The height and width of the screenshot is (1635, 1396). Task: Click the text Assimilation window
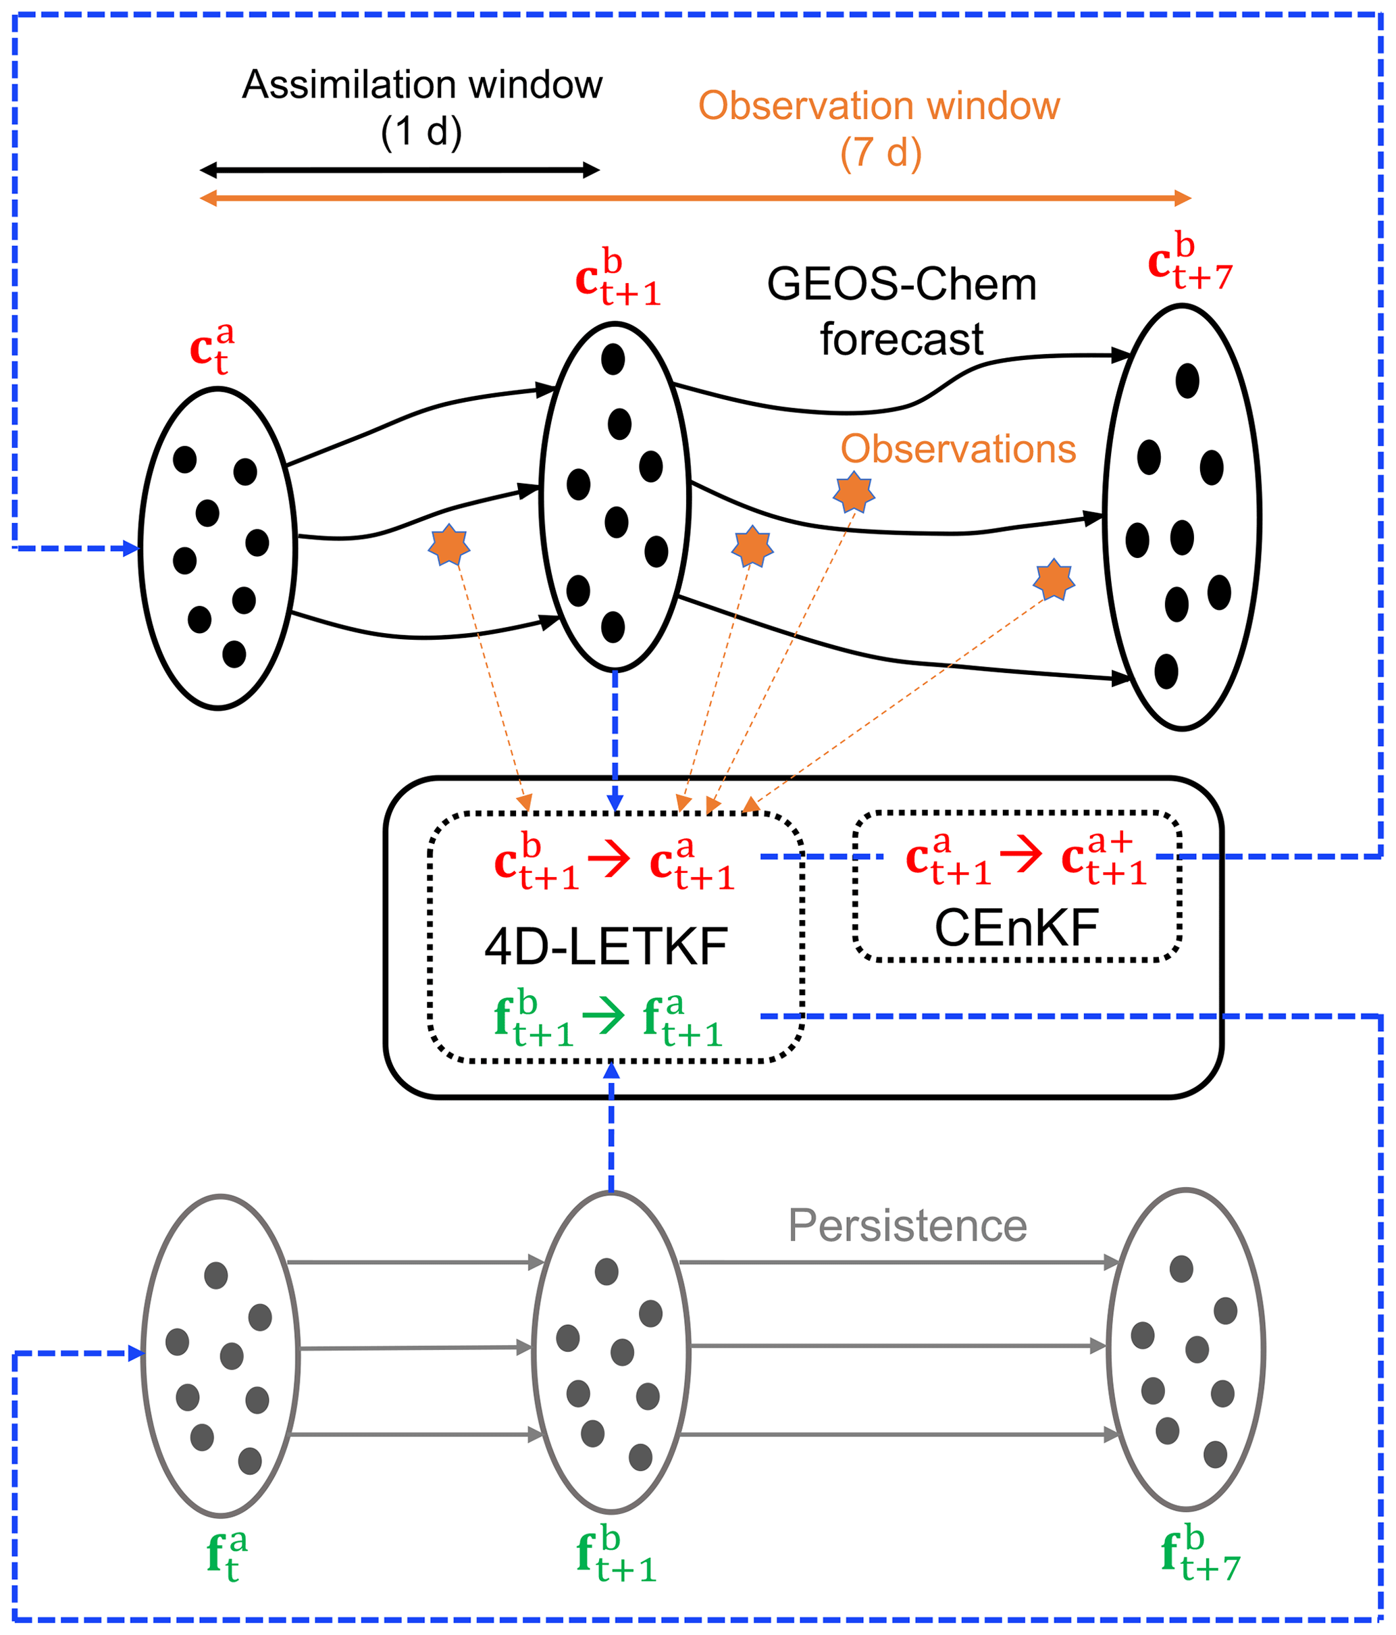(422, 85)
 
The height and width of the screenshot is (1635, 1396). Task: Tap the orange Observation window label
(879, 107)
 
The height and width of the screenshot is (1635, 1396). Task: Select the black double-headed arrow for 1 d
(399, 170)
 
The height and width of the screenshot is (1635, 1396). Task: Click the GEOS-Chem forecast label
(902, 311)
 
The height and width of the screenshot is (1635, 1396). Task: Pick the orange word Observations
(958, 449)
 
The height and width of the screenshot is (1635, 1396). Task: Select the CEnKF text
(1016, 928)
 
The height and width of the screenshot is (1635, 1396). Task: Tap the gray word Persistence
(907, 1226)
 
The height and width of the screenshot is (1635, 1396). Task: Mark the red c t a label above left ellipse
(212, 349)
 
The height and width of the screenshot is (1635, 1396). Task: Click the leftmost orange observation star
(448, 545)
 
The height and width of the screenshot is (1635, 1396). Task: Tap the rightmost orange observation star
(1054, 580)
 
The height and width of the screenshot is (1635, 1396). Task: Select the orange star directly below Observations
(854, 493)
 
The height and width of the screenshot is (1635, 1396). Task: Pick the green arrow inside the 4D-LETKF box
(604, 1015)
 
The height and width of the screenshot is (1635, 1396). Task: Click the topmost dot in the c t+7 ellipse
(1187, 381)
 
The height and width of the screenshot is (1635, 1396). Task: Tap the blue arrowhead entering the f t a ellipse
(136, 1354)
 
